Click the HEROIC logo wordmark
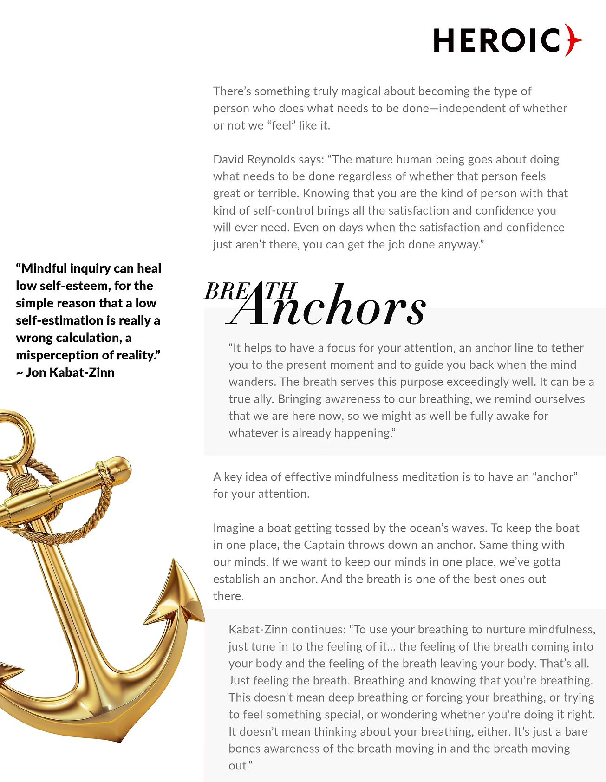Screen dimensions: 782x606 click(497, 40)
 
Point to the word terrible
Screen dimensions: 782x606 click(284, 193)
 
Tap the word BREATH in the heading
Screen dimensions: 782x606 click(250, 292)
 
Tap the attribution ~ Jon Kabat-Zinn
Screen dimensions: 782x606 click(65, 372)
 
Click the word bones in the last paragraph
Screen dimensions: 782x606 click(244, 749)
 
